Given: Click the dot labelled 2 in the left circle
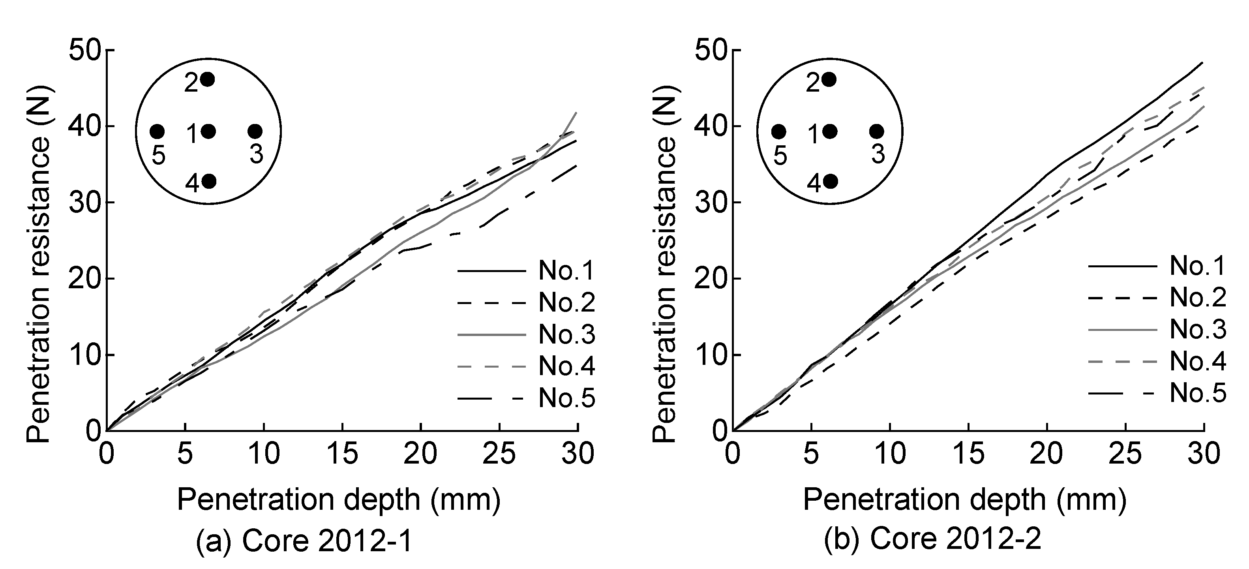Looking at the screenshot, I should pyautogui.click(x=208, y=79).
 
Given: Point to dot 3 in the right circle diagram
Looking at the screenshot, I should pyautogui.click(x=877, y=131).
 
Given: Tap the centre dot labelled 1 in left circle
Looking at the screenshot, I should pyautogui.click(x=208, y=131).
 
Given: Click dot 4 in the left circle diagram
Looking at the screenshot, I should pyautogui.click(x=208, y=181).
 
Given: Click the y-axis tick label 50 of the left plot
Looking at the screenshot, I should pyautogui.click(x=84, y=51).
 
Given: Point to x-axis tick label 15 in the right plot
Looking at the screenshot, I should pyautogui.click(x=968, y=454).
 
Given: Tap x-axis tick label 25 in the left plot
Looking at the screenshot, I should pyautogui.click(x=499, y=454).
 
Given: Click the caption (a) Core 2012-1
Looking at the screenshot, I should pyautogui.click(x=304, y=540).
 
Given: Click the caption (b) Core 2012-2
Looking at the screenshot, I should pyautogui.click(x=932, y=540).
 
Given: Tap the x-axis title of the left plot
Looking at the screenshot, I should pyautogui.click(x=338, y=500).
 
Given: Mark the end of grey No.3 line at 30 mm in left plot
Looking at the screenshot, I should pyautogui.click(x=576, y=113).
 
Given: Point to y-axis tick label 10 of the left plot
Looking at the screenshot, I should pyautogui.click(x=84, y=355).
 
